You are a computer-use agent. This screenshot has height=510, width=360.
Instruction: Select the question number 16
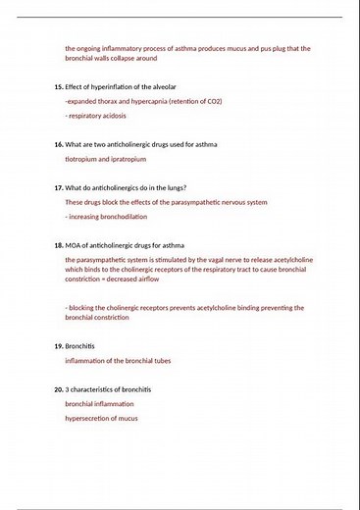click(x=58, y=144)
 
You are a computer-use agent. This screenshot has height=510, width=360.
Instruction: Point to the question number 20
click(x=58, y=389)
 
